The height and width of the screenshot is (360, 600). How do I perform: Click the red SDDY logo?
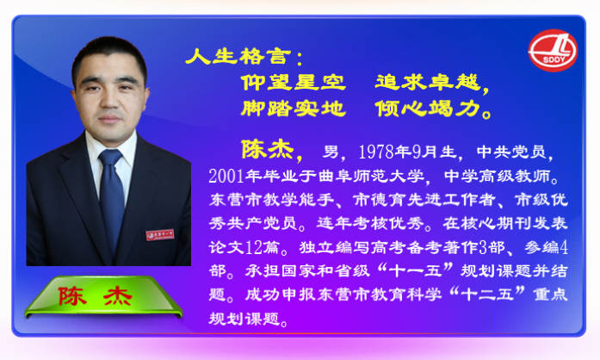pos(553,51)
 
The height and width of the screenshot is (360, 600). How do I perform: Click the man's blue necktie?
pos(111,199)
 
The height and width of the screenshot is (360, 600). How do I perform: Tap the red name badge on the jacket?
pos(160,234)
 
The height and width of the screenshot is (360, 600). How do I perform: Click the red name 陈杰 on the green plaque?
pos(96,296)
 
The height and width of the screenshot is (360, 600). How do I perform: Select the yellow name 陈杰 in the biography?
pos(268,149)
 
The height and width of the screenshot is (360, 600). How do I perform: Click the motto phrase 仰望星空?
pos(293,83)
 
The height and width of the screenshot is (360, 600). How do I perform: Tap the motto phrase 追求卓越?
pos(428,83)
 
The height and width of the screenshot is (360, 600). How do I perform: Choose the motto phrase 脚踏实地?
pos(293,109)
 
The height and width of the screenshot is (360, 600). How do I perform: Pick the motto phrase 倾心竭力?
pos(428,109)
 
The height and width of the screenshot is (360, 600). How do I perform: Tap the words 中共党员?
pos(511,152)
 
